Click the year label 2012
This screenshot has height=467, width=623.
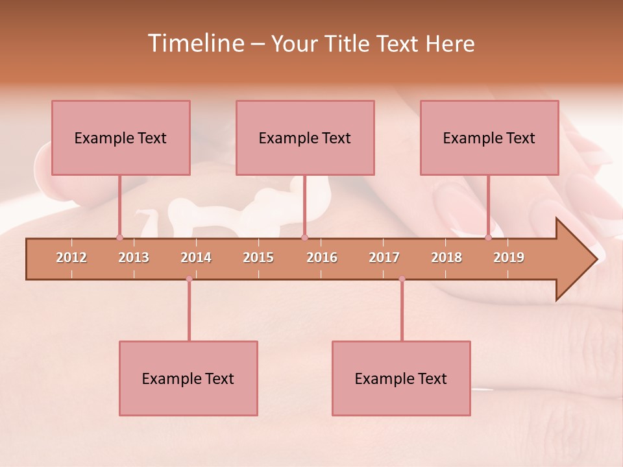coord(71,257)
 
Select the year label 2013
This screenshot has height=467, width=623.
coord(134,257)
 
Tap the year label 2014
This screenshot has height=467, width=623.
coord(196,257)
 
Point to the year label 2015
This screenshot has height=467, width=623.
coord(258,257)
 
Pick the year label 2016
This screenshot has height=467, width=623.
coord(322,257)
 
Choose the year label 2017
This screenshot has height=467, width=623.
coord(384,257)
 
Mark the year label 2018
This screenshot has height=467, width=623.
coord(446,257)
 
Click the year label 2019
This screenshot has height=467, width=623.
coord(509,257)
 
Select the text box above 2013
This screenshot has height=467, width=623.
coord(121,138)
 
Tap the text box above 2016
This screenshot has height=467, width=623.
coord(305,138)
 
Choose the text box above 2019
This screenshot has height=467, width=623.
coord(489,138)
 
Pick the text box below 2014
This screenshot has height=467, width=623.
coord(188,378)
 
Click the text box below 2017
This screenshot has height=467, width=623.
coord(401,378)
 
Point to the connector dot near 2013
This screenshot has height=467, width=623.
coord(119,237)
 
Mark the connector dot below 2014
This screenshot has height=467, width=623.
coord(189,279)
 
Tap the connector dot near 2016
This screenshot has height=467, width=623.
coord(304,237)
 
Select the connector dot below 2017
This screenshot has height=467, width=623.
coord(402,279)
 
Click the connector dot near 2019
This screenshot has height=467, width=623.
coord(488,237)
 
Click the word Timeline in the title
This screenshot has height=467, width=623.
coord(195,43)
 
